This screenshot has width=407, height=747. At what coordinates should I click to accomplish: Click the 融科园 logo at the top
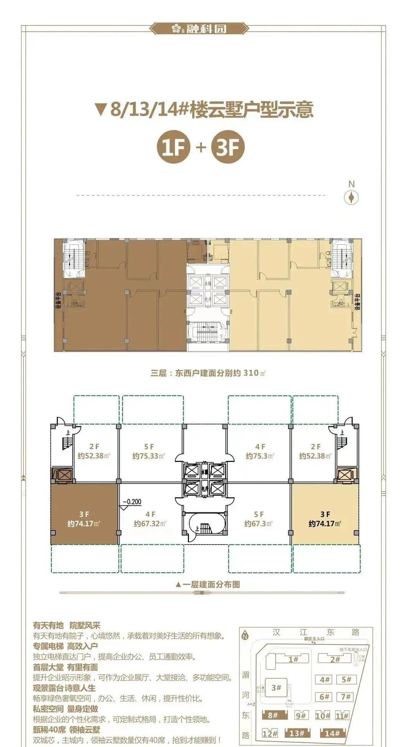pos(199,28)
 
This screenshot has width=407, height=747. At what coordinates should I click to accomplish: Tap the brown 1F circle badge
pos(174,147)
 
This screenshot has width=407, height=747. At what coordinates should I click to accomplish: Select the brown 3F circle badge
pos(228,147)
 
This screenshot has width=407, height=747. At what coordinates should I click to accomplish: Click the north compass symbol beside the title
pos(351,198)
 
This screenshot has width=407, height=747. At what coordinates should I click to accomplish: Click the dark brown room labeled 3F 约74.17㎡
pos(84,519)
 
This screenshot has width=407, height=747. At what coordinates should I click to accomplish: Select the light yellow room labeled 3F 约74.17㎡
pos(325,519)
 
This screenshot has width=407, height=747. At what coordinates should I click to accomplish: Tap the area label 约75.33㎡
pos(148,456)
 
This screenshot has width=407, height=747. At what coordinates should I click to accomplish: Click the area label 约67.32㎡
pos(150,523)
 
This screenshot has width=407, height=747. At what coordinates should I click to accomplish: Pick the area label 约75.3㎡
pos(260,456)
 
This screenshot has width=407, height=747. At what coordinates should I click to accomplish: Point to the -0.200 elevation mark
pos(132,502)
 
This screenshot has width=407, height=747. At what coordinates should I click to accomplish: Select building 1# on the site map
pos(294,659)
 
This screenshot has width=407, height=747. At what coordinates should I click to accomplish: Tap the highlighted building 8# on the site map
pos(273,705)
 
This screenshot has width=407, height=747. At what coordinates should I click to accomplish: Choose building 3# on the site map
pos(276,687)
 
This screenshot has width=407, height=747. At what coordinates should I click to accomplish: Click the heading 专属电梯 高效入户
pos(65,646)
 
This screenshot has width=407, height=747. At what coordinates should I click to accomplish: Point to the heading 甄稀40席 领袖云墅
pos(66,729)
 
